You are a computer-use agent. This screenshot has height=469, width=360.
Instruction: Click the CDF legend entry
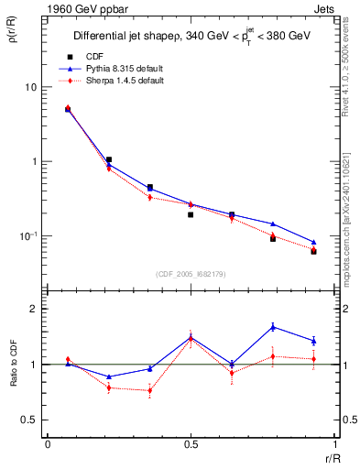107,57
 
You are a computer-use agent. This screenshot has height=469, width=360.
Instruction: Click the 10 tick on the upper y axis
31,87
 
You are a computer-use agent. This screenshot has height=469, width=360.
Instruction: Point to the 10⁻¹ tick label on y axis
30,235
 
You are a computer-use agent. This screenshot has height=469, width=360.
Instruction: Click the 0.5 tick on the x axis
191,444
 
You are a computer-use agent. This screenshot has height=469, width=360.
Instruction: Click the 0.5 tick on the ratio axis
33,420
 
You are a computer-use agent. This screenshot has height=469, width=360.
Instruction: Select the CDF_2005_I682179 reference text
190,274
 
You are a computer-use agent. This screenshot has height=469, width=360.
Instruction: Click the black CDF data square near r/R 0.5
191,214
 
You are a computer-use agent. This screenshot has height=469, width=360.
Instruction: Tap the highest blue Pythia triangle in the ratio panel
273,326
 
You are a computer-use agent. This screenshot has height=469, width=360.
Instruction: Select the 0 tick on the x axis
48,444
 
